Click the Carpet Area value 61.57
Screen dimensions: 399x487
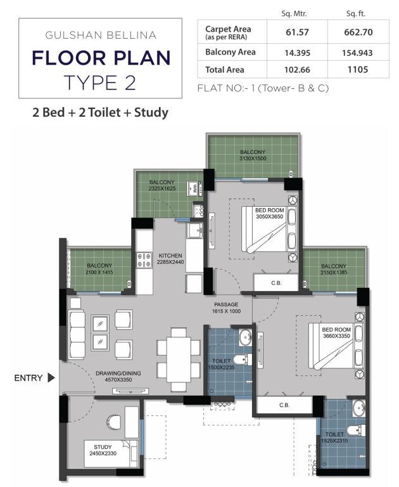pos(297,32)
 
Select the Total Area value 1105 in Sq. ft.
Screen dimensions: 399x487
pos(358,69)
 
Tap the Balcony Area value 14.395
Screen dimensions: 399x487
pos(297,53)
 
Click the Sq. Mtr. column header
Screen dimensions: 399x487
pos(294,13)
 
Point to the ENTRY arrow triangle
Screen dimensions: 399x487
pos(51,378)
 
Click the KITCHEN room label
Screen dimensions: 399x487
pos(170,256)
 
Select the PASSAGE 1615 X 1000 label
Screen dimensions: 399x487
pos(226,308)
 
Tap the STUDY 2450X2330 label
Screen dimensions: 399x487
pos(103,450)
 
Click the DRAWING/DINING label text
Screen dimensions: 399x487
pos(118,373)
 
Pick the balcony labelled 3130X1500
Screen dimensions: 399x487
pos(253,156)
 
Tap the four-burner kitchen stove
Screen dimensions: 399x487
pos(144,260)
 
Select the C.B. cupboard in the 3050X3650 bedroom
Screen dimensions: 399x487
pos(276,283)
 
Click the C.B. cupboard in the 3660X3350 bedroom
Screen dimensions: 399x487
pos(284,405)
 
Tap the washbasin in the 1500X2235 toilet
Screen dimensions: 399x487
pos(246,337)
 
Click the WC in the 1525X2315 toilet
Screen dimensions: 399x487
pos(356,431)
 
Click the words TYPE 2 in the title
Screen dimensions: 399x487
pos(100,83)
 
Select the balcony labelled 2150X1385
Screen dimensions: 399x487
pos(334,269)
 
